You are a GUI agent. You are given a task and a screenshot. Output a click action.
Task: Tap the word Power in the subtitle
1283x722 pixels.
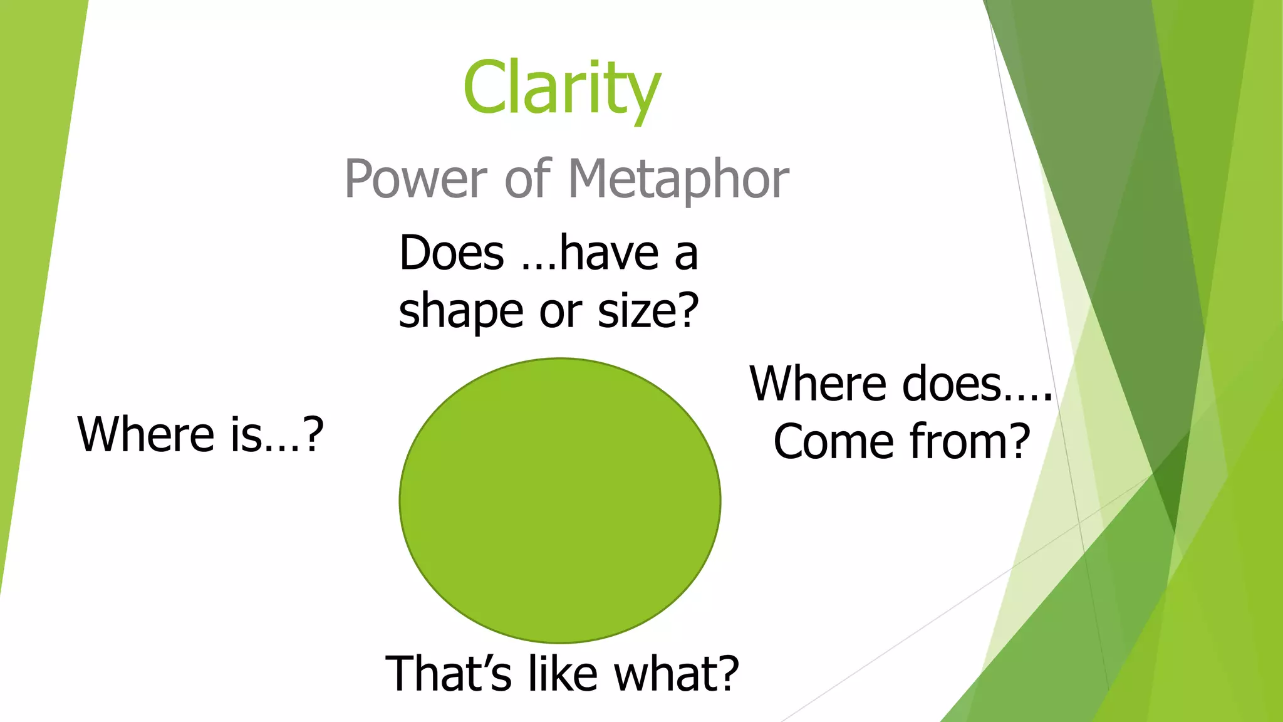pos(415,180)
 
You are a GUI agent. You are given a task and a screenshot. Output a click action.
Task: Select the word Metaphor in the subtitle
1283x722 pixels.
pos(678,180)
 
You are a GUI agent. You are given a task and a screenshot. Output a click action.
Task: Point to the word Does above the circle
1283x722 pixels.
pos(452,253)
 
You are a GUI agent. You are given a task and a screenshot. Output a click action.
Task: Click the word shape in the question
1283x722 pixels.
pos(460,311)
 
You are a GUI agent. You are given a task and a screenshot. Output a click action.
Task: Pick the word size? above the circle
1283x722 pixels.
pos(648,311)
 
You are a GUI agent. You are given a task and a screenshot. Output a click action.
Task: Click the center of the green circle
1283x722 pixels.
pos(560,500)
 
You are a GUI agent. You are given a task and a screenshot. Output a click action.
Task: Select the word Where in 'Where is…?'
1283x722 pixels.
pos(146,434)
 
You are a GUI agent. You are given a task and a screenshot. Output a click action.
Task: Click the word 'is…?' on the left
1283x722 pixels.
pos(276,434)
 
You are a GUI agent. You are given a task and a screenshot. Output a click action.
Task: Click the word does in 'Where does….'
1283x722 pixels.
pos(951,384)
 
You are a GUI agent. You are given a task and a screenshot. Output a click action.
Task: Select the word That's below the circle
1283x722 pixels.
pos(448,674)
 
